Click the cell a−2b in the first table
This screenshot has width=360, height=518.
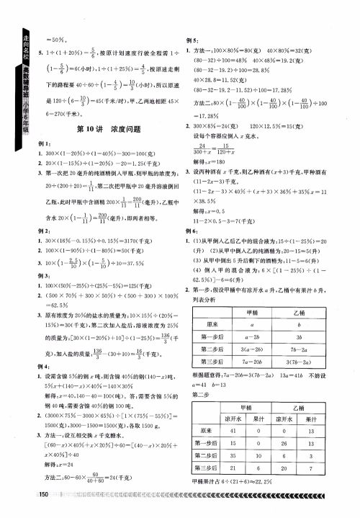point(252,336)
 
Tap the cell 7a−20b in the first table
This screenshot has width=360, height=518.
point(252,361)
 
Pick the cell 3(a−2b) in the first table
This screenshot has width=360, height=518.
point(252,349)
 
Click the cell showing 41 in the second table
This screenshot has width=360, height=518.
point(233,430)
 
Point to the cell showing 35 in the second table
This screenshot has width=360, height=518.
point(233,456)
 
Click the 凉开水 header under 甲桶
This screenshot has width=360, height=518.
point(233,417)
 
